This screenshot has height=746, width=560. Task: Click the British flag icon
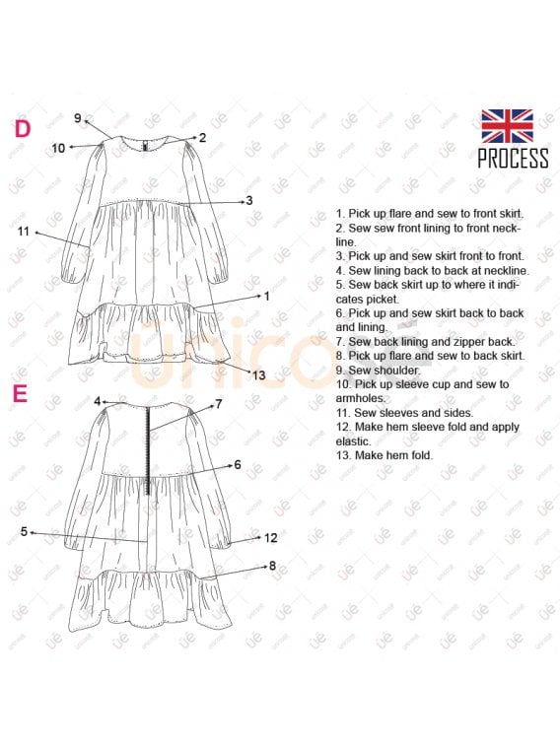pos(507,126)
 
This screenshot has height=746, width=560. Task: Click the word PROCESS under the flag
pos(513,159)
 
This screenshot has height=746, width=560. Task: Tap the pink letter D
pos(23,128)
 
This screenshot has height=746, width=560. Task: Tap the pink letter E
pos(21,393)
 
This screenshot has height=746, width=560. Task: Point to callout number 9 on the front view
pos(78,118)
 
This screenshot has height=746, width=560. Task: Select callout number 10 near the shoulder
pos(58,148)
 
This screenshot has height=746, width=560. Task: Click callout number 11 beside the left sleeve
pos(24,232)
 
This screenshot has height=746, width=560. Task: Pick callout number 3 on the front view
pos(249,201)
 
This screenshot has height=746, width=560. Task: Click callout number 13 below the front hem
pos(259,374)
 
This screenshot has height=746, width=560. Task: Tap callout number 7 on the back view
pos(219,404)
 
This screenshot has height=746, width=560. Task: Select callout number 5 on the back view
pos(24,531)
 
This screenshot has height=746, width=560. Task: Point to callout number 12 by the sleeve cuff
pos(270,538)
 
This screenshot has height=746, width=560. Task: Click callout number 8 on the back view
pos(272,566)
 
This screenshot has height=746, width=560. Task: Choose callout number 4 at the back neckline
pos(97,401)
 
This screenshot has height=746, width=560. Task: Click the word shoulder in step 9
pos(397,371)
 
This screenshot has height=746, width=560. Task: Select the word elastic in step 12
pos(353,441)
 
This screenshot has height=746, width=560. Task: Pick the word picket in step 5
pos(382,300)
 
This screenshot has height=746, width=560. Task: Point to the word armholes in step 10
pos(361,398)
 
